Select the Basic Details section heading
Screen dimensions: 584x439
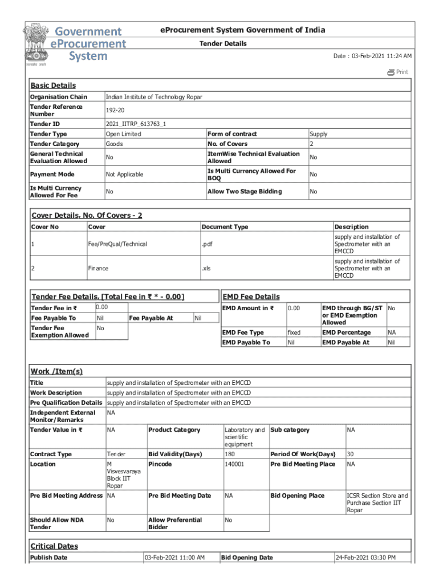tap(52, 86)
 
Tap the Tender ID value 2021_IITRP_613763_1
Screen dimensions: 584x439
tap(136, 124)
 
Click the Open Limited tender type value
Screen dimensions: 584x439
tap(123, 134)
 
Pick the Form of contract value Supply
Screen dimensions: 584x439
tap(318, 134)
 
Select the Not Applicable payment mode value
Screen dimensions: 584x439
tap(124, 175)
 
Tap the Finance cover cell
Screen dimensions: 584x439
tap(98, 268)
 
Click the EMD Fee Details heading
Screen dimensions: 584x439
tap(251, 297)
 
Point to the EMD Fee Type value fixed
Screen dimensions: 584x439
tap(294, 332)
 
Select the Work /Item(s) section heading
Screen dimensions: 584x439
tap(56, 371)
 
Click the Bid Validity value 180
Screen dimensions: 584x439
tap(230, 454)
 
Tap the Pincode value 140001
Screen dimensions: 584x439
tap(234, 464)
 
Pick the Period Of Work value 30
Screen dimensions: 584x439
tap(351, 454)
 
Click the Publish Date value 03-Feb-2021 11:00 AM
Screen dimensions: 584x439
tap(174, 557)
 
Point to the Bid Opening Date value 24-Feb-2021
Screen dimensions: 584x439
tap(365, 557)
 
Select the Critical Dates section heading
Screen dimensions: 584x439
tap(54, 546)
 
